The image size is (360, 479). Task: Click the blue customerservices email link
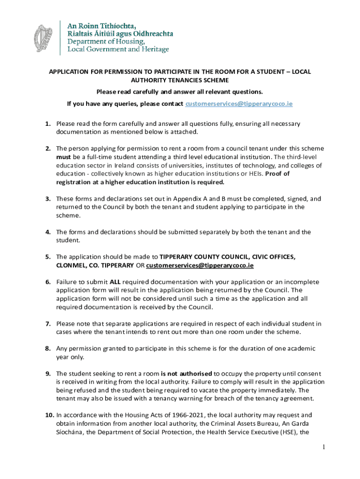[239, 103]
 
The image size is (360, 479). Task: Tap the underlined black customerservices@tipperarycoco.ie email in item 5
[200, 265]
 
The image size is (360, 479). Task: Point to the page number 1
[324, 448]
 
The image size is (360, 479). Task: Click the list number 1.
[48, 123]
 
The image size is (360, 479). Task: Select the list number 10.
[50, 414]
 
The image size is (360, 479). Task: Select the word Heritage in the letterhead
[154, 49]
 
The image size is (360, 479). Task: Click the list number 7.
[48, 324]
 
